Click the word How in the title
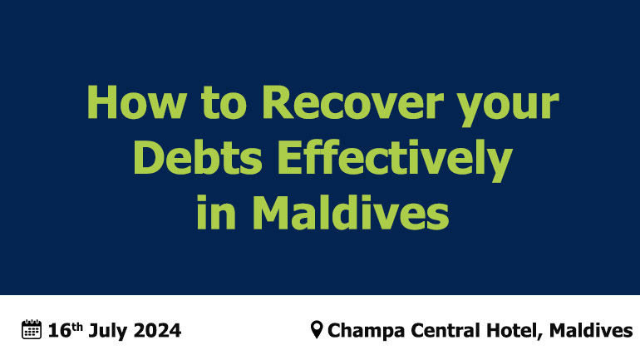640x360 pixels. (137, 102)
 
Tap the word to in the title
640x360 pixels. (224, 103)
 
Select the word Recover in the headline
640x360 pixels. (352, 102)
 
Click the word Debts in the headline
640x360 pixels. (198, 157)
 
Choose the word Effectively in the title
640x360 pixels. (395, 159)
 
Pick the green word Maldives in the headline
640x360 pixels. (351, 212)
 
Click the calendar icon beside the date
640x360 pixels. (32, 329)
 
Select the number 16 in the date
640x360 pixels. (60, 331)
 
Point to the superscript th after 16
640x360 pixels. (77, 327)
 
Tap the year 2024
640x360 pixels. (157, 331)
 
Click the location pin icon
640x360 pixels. (317, 329)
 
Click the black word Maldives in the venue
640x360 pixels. (591, 331)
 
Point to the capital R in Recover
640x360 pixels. (277, 102)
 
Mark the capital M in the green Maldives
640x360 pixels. (270, 212)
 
